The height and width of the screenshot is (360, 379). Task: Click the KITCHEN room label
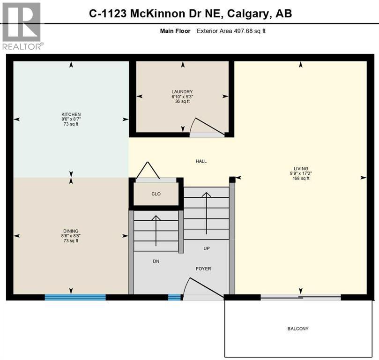(x=71, y=114)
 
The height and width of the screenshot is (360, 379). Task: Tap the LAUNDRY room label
(x=182, y=92)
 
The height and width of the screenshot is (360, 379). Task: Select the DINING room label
(x=71, y=231)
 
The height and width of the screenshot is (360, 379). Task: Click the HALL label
(x=201, y=161)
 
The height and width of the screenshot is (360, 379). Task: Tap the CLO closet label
(x=156, y=194)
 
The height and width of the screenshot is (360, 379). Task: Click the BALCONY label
(x=298, y=329)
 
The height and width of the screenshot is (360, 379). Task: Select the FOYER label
(x=203, y=269)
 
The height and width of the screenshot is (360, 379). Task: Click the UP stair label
(x=207, y=248)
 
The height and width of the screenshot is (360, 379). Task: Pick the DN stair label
(x=156, y=261)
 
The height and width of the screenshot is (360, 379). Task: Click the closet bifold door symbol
(x=148, y=171)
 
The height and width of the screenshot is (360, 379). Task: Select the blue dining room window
(x=75, y=297)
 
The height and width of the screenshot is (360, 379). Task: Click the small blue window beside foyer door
(x=174, y=297)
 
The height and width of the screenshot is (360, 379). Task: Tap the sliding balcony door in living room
(x=300, y=297)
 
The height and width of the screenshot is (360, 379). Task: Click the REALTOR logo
(x=22, y=26)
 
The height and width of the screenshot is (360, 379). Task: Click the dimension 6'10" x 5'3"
(x=182, y=97)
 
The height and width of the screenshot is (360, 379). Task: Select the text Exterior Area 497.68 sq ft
(x=231, y=31)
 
